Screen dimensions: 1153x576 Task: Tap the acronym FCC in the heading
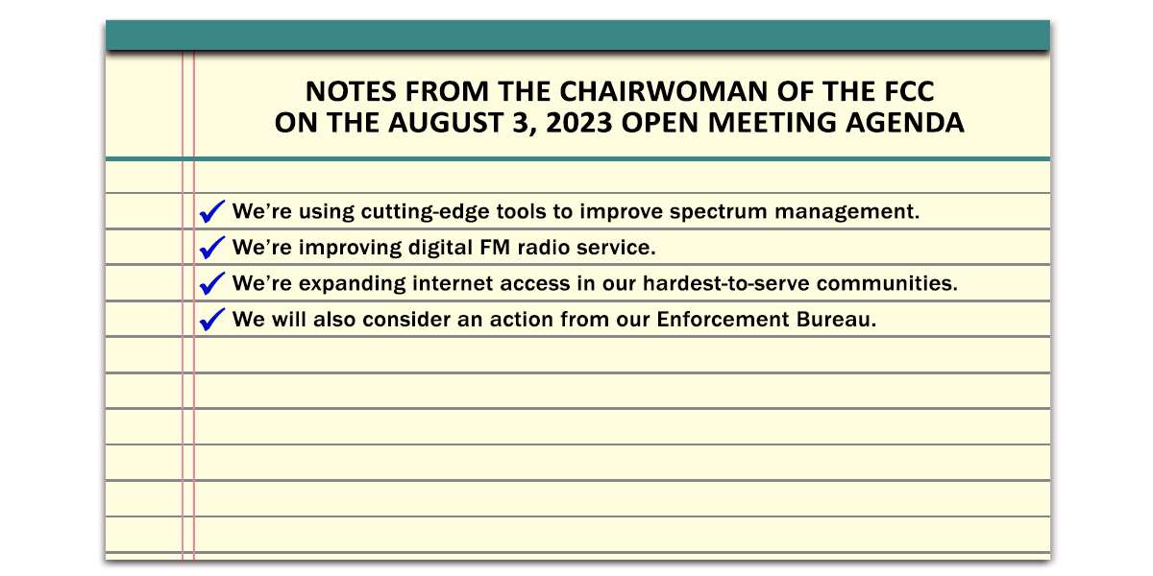point(909,91)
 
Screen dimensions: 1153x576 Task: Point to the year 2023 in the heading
point(579,123)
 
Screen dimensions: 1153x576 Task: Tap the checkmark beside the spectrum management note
point(212,211)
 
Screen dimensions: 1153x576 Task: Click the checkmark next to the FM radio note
point(212,248)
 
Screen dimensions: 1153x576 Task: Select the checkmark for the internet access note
point(212,283)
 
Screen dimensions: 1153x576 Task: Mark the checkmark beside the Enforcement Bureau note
point(212,320)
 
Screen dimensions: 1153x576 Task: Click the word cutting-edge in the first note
point(425,212)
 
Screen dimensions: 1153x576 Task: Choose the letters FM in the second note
point(495,248)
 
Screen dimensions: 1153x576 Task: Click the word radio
point(544,248)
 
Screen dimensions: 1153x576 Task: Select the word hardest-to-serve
point(725,283)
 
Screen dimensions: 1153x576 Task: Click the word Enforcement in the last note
point(723,320)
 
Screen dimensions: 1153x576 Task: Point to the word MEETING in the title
point(773,123)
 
